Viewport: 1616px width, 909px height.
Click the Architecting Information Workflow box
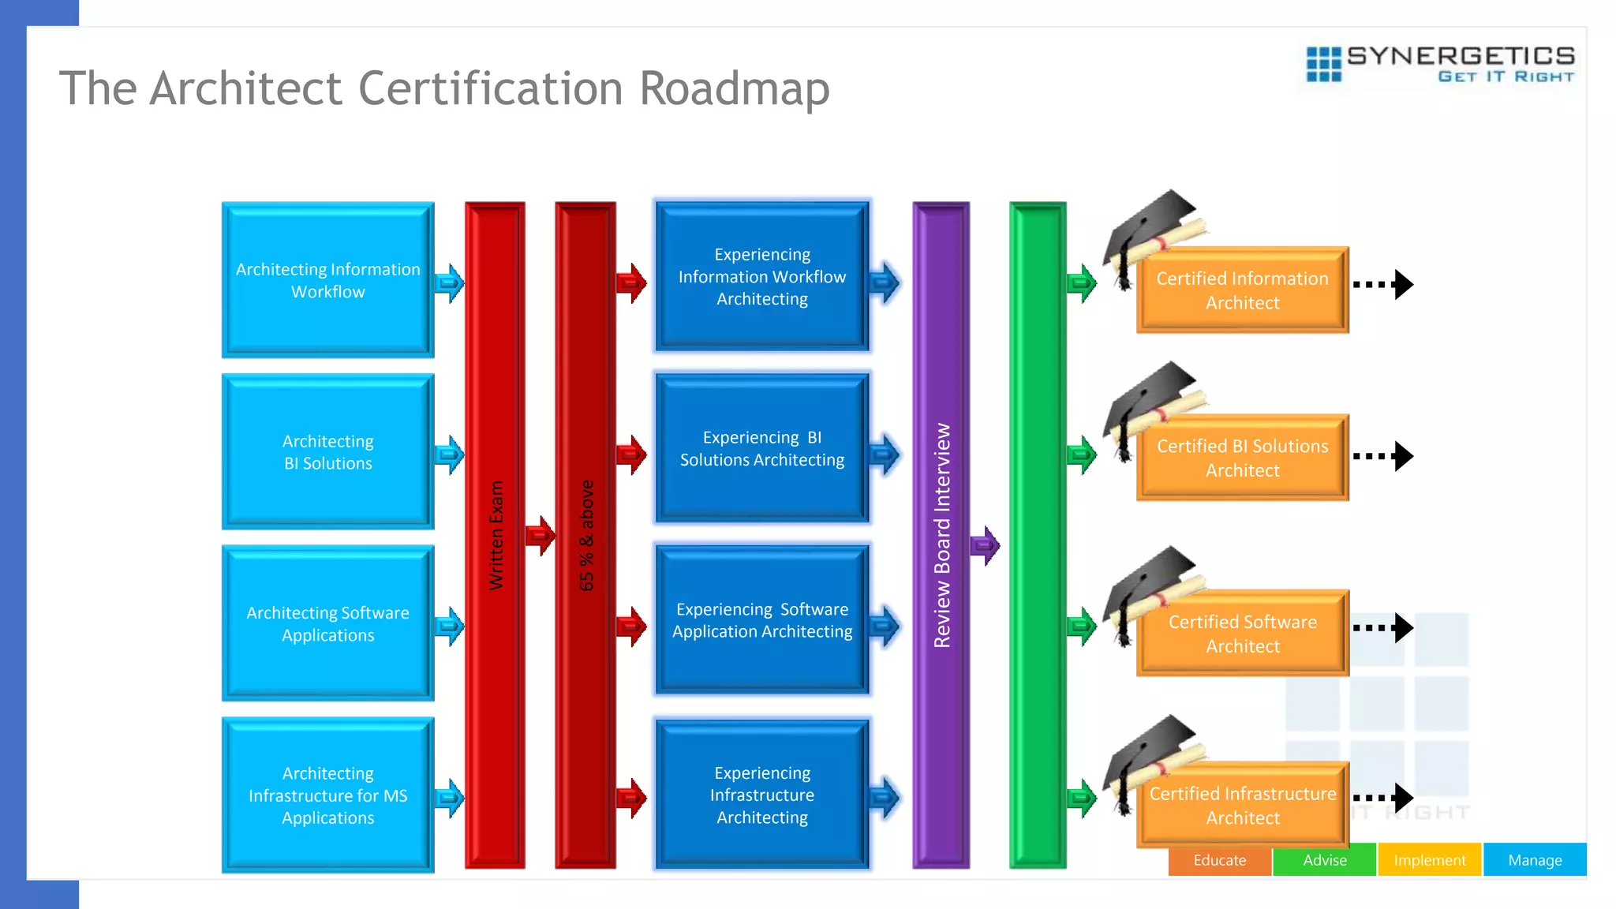[x=327, y=280]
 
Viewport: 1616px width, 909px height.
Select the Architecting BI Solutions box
[x=327, y=452]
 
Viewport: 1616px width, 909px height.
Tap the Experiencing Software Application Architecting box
[x=762, y=620]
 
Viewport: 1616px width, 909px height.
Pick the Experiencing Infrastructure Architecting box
[x=762, y=795]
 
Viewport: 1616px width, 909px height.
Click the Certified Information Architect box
[x=1242, y=290]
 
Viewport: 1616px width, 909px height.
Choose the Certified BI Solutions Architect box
[x=1242, y=458]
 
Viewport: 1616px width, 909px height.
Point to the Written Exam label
[x=496, y=535]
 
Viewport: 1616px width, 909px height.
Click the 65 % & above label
[x=586, y=535]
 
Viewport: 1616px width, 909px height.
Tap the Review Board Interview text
[x=942, y=535]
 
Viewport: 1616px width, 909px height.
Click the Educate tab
[x=1220, y=860]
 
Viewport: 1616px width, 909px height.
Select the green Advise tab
[x=1325, y=860]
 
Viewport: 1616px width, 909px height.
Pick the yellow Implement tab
[x=1430, y=860]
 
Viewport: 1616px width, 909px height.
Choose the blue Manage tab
[x=1535, y=860]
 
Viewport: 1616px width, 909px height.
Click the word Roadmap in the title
[x=734, y=88]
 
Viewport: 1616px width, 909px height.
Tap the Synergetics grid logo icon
[x=1323, y=64]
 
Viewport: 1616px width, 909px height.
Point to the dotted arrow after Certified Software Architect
[x=1382, y=628]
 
